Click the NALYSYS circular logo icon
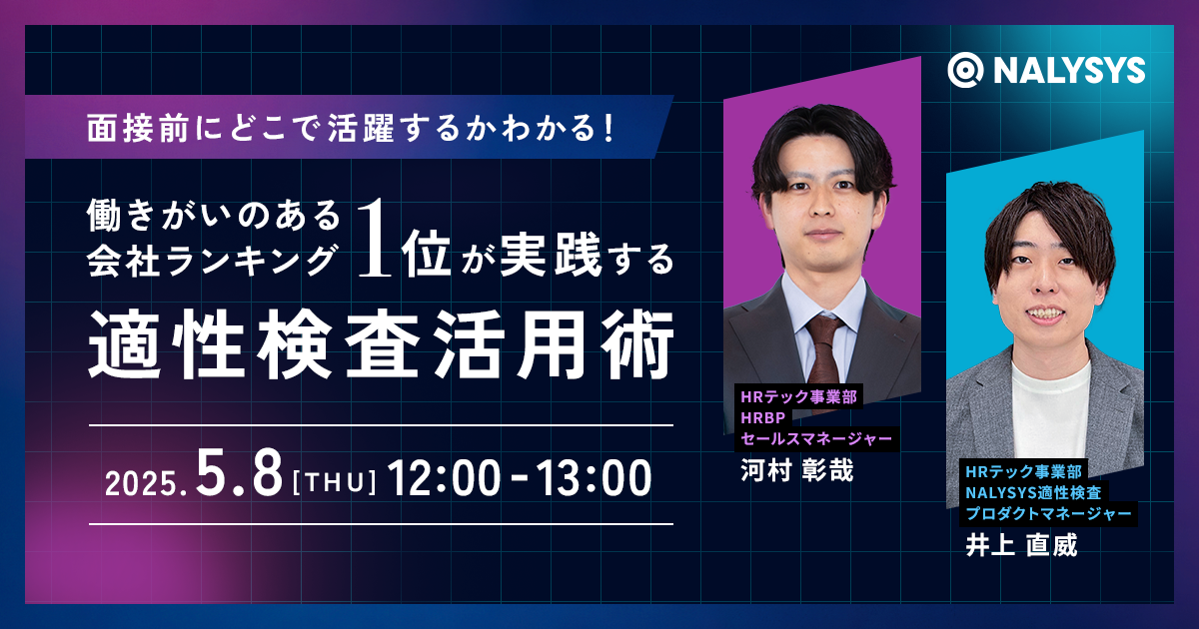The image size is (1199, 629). [x=965, y=70]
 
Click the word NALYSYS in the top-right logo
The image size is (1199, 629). [x=1069, y=71]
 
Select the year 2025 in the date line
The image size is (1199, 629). [x=141, y=484]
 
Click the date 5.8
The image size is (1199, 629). [x=239, y=472]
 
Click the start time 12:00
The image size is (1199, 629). [x=444, y=477]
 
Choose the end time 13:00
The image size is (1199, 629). [x=595, y=477]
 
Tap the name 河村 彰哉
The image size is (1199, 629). [x=796, y=470]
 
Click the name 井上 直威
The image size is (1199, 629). [x=1021, y=545]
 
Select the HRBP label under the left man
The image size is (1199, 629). [x=763, y=417]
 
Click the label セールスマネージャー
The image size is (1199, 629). [x=816, y=439]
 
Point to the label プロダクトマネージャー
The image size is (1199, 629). [x=1048, y=513]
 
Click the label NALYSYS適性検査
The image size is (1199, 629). [x=1033, y=492]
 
